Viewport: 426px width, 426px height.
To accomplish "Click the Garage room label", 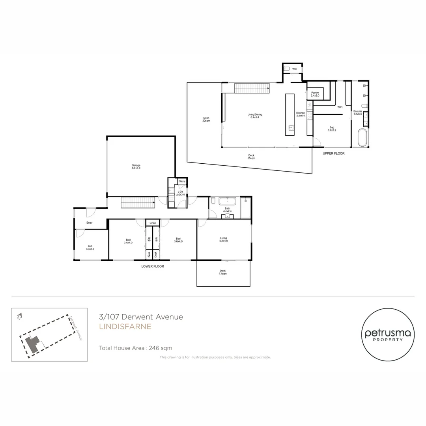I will coord(136,166).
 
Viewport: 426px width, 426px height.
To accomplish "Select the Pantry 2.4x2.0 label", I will coord(315,94).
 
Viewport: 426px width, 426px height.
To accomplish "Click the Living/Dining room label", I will coord(255,116).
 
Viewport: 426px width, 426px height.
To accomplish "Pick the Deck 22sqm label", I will coord(206,119).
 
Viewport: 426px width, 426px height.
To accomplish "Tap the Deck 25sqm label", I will coord(251,157).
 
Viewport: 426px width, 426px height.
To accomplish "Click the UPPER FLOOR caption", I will coord(333,153).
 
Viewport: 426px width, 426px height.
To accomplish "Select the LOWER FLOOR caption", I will coord(153,266).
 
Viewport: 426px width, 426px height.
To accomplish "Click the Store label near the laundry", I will coord(182,181).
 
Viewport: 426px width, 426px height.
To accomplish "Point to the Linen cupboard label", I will coord(153,223).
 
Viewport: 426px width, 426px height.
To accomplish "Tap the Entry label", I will coord(90,223).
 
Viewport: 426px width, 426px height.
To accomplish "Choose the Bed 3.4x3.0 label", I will coord(90,247).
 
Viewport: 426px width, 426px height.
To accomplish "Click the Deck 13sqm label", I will coord(223,272).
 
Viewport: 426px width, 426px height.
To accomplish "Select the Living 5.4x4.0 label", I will coord(224,239).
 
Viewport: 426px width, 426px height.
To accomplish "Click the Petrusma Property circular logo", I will coord(388,334).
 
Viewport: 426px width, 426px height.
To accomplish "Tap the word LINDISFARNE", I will coord(125,327).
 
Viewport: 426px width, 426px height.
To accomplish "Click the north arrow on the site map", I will coord(19,316).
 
